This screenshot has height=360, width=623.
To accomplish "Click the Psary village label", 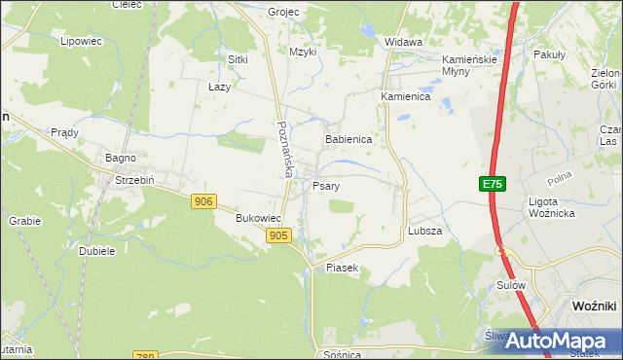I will point(326,185).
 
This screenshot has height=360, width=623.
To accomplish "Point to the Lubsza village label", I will point(425,232).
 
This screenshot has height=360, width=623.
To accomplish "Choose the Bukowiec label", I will point(259,219).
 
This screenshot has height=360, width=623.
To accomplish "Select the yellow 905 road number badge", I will point(277,235).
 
